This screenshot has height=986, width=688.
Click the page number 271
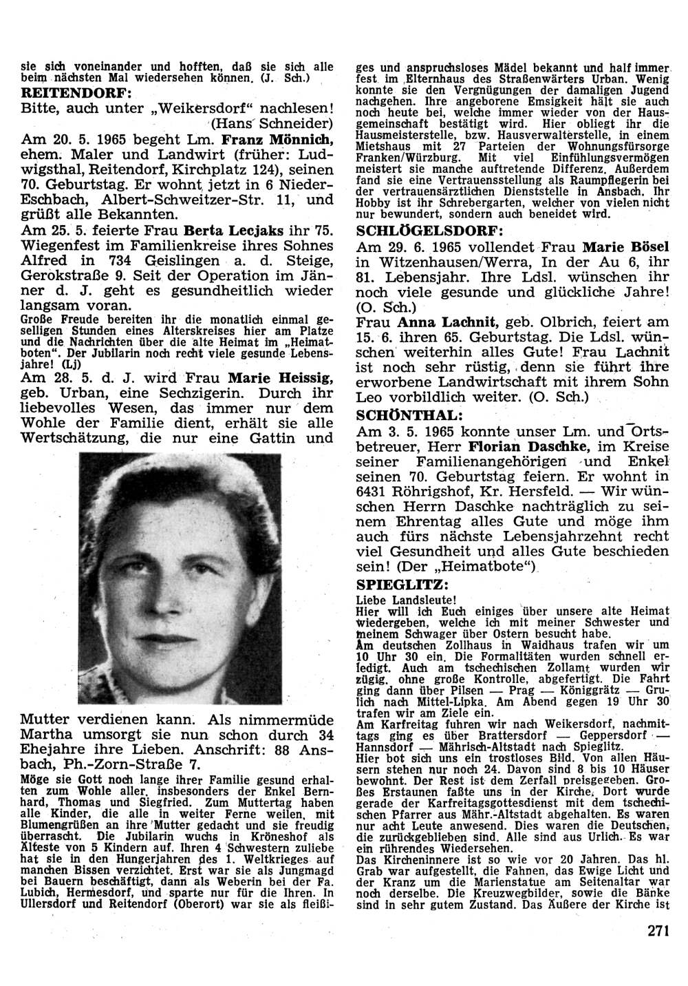pyautogui.click(x=658, y=932)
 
